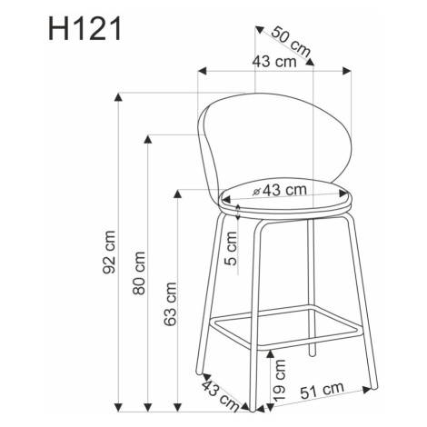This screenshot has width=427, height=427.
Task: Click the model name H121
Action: [x=85, y=29]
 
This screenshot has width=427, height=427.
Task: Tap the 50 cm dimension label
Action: [x=291, y=42]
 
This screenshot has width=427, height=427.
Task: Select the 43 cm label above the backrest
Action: [x=274, y=62]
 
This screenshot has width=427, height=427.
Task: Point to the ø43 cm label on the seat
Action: [x=280, y=190]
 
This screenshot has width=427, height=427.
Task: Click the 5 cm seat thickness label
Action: [x=232, y=248]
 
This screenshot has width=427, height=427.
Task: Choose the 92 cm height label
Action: [x=109, y=253]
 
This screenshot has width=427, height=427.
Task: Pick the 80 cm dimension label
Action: [x=139, y=273]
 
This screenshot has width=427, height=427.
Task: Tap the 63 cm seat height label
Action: [x=170, y=304]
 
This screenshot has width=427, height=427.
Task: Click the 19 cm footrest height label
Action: [x=280, y=381]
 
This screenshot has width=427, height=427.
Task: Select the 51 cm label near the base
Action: [x=323, y=391]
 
